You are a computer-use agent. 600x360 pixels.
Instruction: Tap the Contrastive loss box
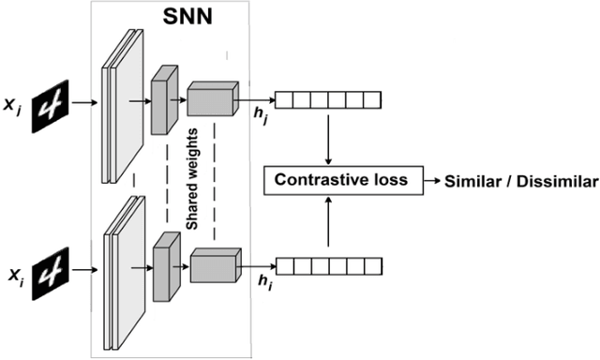[x=340, y=178]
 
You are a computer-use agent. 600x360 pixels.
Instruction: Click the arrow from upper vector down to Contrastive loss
[x=327, y=136]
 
